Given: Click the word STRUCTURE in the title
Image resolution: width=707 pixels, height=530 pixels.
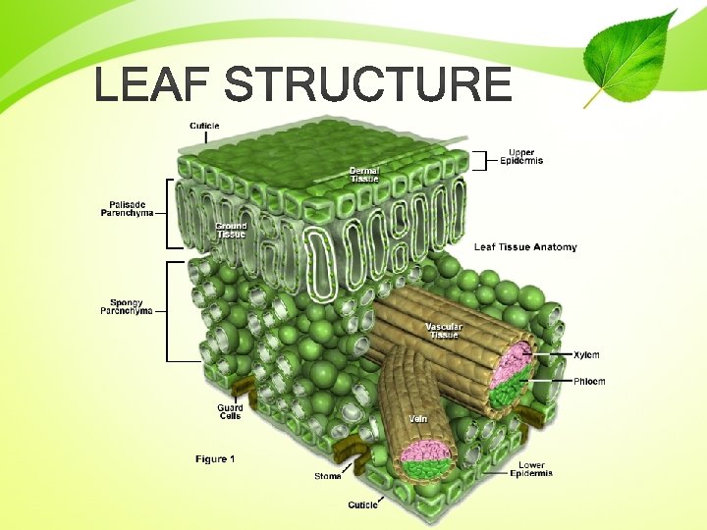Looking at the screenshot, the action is [367, 85].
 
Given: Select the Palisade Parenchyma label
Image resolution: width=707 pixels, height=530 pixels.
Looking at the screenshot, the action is [127, 209].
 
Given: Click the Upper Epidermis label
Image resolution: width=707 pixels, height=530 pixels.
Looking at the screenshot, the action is [520, 156].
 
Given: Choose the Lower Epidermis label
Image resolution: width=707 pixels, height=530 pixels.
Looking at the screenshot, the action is [531, 469].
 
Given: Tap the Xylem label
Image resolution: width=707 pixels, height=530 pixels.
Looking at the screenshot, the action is [586, 354].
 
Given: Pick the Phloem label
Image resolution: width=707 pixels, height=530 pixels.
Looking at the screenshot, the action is [589, 381].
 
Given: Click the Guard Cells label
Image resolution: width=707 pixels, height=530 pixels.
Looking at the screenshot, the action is [230, 411].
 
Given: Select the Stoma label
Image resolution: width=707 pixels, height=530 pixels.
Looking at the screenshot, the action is [328, 476].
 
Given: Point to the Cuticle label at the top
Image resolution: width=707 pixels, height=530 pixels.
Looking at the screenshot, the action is [204, 126].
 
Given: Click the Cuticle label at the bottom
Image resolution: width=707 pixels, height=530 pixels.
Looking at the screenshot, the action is [362, 504].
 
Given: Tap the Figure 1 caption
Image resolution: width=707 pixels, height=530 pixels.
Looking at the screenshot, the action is [215, 458].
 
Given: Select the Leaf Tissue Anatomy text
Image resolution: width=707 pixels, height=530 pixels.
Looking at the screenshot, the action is [525, 247].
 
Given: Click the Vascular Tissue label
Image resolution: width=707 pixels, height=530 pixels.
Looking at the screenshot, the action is [443, 331].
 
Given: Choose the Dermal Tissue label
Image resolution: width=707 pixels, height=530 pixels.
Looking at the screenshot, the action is [364, 175].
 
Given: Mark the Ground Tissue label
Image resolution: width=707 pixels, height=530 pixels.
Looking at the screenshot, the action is [231, 230].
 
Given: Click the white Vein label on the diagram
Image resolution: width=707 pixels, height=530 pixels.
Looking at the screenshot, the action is [418, 418].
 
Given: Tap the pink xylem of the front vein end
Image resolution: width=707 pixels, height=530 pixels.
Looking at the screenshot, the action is [424, 450].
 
